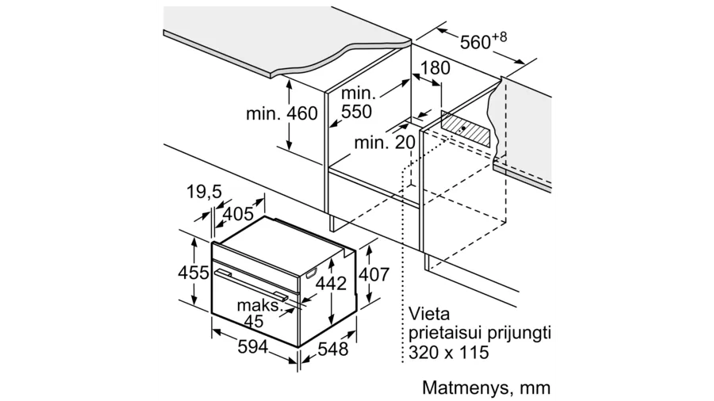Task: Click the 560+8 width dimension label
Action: (482, 40)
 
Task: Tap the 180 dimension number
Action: (435, 68)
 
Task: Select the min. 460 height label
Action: (282, 113)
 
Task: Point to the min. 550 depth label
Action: (359, 102)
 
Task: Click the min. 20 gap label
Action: (385, 143)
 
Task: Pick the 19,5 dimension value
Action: (204, 192)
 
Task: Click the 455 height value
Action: (193, 273)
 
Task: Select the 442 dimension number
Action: (331, 284)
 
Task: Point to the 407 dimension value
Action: (374, 274)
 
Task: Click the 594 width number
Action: (253, 347)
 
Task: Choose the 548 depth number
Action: (333, 349)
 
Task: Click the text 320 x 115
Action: (448, 353)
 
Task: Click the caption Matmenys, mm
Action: (486, 388)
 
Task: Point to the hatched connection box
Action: (466, 128)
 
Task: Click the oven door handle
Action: (251, 285)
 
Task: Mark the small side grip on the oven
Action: (312, 273)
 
